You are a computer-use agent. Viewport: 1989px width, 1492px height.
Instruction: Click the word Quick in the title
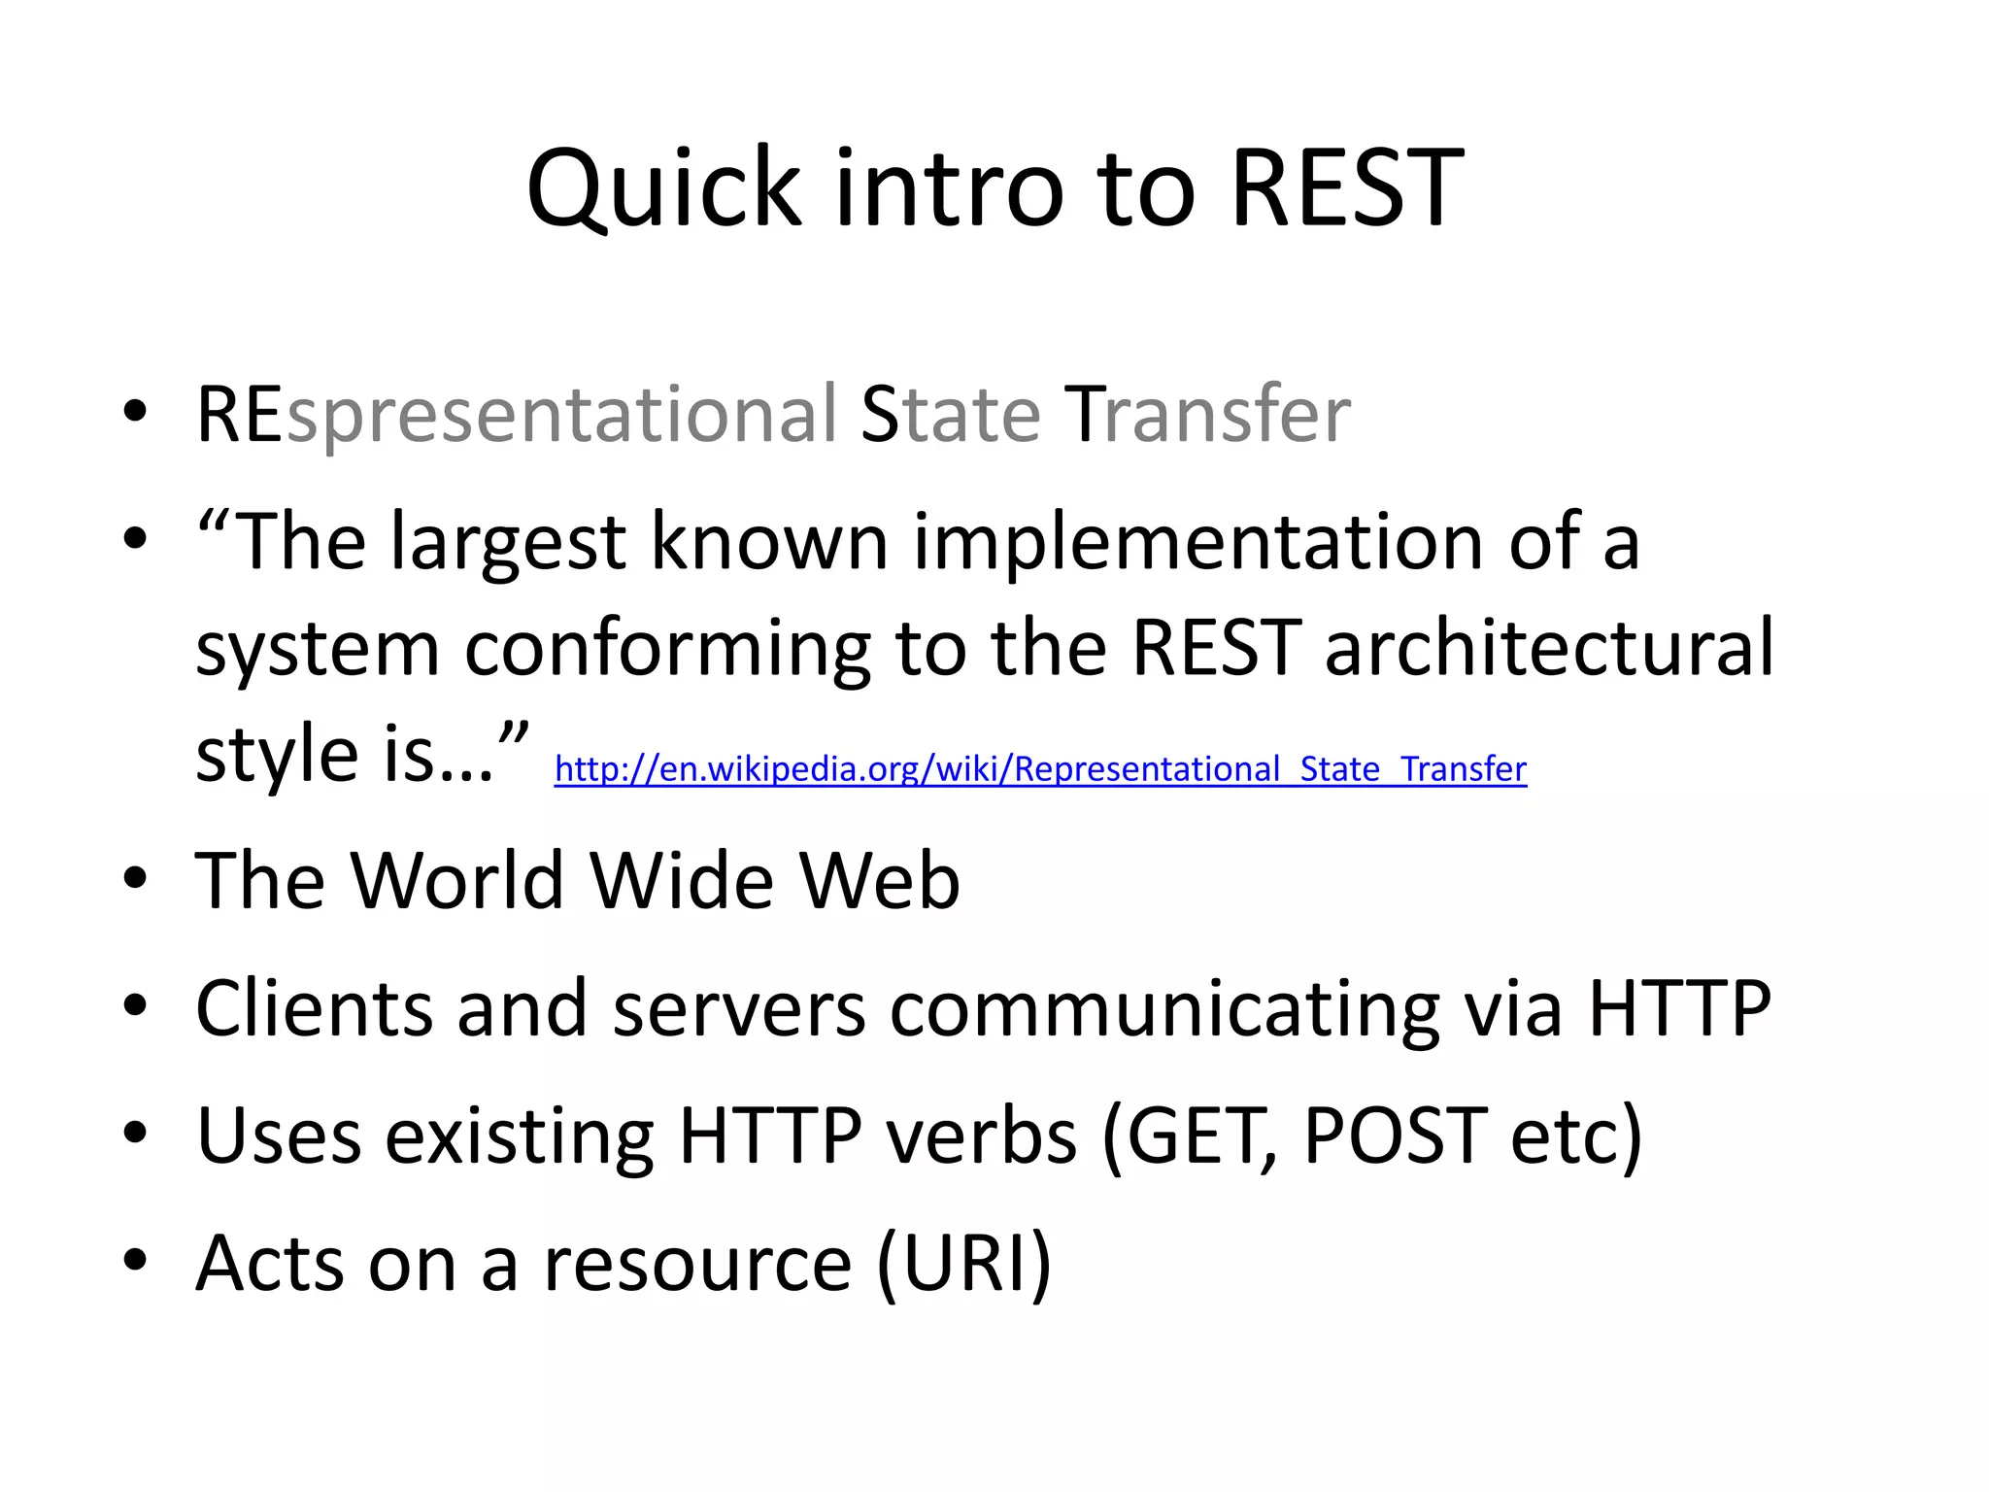click(x=663, y=189)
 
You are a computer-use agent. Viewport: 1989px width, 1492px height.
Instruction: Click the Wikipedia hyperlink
click(x=1040, y=769)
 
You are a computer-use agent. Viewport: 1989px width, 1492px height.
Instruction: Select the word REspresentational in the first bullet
click(x=516, y=416)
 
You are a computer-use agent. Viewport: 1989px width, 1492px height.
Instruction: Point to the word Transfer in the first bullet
click(x=1207, y=416)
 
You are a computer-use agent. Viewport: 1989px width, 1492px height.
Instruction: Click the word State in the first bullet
click(x=951, y=416)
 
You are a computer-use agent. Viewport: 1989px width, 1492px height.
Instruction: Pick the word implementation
click(x=1197, y=542)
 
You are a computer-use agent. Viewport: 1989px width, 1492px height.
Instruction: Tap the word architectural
click(x=1549, y=648)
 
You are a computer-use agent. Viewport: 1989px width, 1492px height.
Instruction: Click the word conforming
click(x=667, y=648)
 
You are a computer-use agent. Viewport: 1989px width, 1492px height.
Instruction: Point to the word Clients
click(x=314, y=1008)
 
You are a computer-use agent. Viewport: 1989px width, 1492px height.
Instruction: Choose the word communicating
click(x=1164, y=1008)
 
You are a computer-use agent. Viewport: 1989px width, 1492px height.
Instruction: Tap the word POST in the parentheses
click(x=1394, y=1135)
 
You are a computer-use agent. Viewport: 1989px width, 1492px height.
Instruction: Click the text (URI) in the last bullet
click(x=964, y=1263)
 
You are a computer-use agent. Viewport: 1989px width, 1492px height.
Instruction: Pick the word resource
click(x=696, y=1263)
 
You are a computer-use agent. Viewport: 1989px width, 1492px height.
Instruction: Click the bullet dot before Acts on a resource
click(x=135, y=1260)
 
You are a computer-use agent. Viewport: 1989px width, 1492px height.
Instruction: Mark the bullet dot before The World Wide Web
click(x=135, y=878)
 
